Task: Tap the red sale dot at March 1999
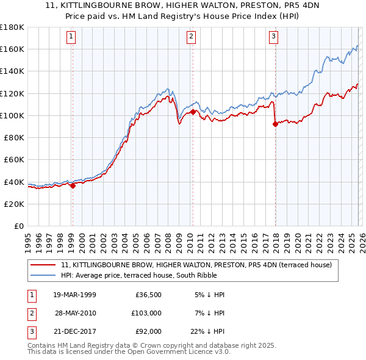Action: [73, 186]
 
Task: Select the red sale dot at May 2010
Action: [193, 112]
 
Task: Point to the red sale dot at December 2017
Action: [275, 124]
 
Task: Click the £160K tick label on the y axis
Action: [12, 49]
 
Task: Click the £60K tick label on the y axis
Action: [14, 160]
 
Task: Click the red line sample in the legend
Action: [44, 265]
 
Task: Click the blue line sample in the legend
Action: [44, 275]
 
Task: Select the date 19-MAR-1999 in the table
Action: [75, 295]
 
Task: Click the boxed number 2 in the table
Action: [30, 312]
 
